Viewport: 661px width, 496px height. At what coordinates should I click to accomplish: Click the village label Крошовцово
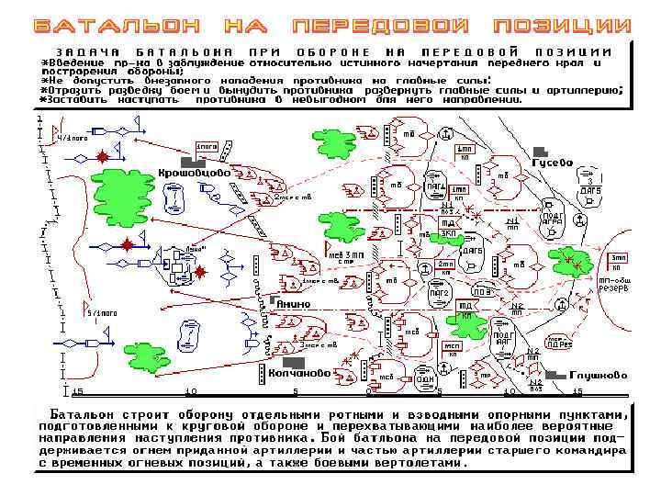click(x=194, y=172)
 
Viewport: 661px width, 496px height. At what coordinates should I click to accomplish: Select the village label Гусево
click(x=554, y=163)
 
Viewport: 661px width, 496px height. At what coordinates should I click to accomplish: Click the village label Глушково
click(x=599, y=375)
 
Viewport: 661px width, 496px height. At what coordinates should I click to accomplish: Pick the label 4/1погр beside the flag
click(x=73, y=137)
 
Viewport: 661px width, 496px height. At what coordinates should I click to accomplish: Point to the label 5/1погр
click(x=101, y=313)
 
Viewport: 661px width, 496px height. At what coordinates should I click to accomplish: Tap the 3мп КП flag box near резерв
click(x=619, y=261)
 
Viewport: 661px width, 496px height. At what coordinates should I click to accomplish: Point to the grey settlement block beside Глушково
click(x=555, y=376)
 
